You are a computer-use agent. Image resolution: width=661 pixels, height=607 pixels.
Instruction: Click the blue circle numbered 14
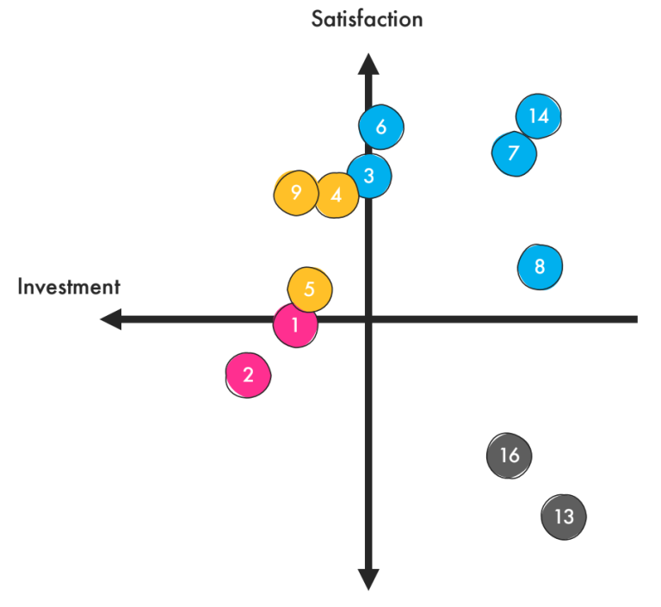point(539,116)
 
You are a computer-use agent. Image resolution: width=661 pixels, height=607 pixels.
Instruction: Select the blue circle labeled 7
point(514,153)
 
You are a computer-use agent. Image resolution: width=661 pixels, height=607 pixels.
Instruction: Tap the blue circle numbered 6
point(381,127)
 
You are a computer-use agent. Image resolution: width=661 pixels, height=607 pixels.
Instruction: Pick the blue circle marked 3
point(369,176)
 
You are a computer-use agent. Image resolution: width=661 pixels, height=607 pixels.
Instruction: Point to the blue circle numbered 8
point(540,266)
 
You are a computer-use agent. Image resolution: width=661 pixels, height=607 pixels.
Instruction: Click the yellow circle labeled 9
point(296,192)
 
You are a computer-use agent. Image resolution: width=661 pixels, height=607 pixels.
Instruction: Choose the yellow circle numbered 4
point(337,195)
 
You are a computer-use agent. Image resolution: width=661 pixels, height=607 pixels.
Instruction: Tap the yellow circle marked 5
point(309,288)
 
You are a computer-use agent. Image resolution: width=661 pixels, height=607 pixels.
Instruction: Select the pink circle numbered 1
point(295,325)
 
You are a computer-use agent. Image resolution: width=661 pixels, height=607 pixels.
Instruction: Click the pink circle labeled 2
point(248,375)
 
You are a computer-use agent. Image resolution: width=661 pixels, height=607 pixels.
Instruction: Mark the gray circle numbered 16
point(510,455)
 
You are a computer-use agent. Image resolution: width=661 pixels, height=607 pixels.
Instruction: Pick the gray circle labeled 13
point(564,517)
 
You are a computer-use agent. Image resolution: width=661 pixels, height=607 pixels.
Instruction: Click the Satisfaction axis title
point(368,18)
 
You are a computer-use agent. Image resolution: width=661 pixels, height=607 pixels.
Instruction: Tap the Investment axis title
point(69,287)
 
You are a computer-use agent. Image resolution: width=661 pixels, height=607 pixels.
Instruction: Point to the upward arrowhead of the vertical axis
point(368,65)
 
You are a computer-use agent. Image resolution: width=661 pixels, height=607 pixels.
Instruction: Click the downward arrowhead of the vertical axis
point(368,579)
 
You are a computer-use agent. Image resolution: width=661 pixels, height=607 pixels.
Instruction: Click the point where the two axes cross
point(368,319)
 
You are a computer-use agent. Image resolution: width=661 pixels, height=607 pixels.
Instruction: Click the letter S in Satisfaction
point(318,18)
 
